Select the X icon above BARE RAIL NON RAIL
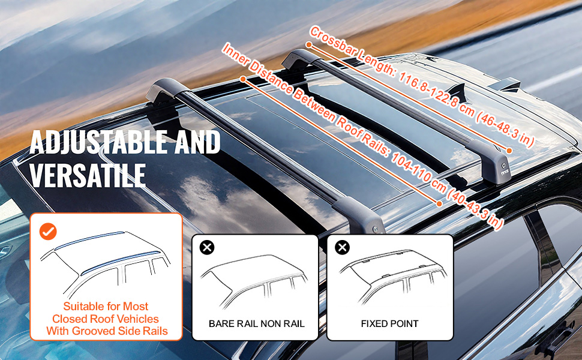tap(207, 247)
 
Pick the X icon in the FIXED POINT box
tap(342, 247)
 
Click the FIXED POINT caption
tap(389, 324)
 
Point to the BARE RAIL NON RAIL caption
tap(256, 324)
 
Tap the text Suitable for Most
tap(106, 307)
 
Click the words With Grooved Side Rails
tap(106, 331)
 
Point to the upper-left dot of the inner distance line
tap(242, 79)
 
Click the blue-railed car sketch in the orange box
tap(106, 264)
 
